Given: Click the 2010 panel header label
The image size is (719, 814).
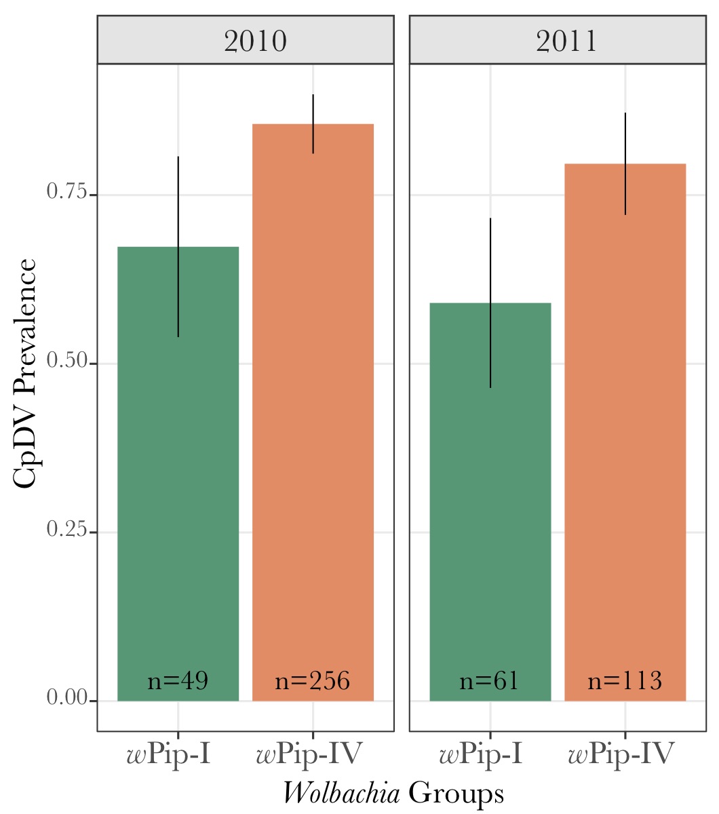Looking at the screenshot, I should pyautogui.click(x=255, y=41).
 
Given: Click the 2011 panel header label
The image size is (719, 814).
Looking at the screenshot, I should pyautogui.click(x=567, y=41).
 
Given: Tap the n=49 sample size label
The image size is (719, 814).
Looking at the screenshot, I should pyautogui.click(x=178, y=680).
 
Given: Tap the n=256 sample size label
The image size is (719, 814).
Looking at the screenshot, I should pyautogui.click(x=313, y=680).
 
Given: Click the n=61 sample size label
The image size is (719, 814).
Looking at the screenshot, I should pyautogui.click(x=490, y=680).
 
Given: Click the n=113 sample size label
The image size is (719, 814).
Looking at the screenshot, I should pyautogui.click(x=625, y=680).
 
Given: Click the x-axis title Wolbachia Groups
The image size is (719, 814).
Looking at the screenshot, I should pyautogui.click(x=393, y=793).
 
